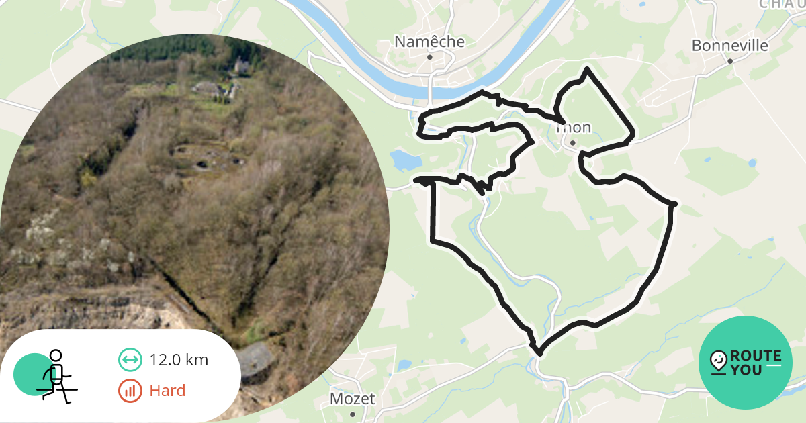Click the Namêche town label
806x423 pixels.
pos(429,42)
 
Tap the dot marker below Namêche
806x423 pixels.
pos(430,57)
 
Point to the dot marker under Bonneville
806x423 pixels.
pos(730,60)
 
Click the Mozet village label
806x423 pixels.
pos(352,399)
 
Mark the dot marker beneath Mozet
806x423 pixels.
pos(352,414)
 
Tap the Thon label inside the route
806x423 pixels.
pos(573,128)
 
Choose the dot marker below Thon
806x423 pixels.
pos(572,142)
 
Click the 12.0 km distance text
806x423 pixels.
pos(179,360)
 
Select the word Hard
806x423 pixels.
pos(167,390)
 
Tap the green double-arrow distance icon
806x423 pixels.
pos(130,360)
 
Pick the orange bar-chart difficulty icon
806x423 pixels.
pos(130,390)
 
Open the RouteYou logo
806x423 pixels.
pos(746,363)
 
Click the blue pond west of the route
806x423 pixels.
pos(405,160)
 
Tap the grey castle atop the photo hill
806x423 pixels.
pos(240,65)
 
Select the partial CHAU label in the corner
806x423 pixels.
pos(782,4)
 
